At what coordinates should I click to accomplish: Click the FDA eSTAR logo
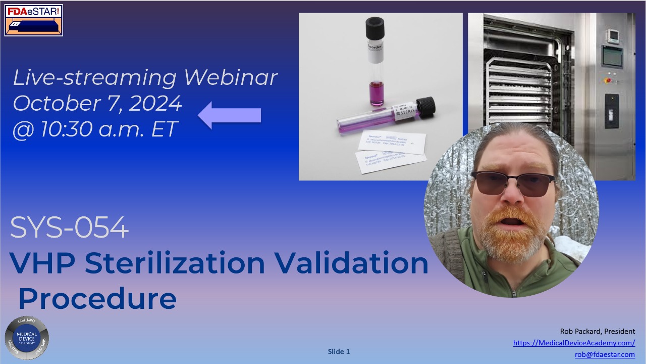[34, 20]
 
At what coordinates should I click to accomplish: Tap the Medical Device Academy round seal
[27, 338]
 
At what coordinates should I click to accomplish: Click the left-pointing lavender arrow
[230, 115]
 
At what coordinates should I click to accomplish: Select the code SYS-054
[70, 229]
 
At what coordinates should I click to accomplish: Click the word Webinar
[231, 77]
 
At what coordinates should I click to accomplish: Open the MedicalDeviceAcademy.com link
[574, 343]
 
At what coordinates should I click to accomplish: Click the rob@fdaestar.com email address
[605, 354]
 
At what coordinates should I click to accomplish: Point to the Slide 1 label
[339, 351]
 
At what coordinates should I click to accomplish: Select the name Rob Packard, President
[598, 331]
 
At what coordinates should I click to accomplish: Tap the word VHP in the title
[43, 263]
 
